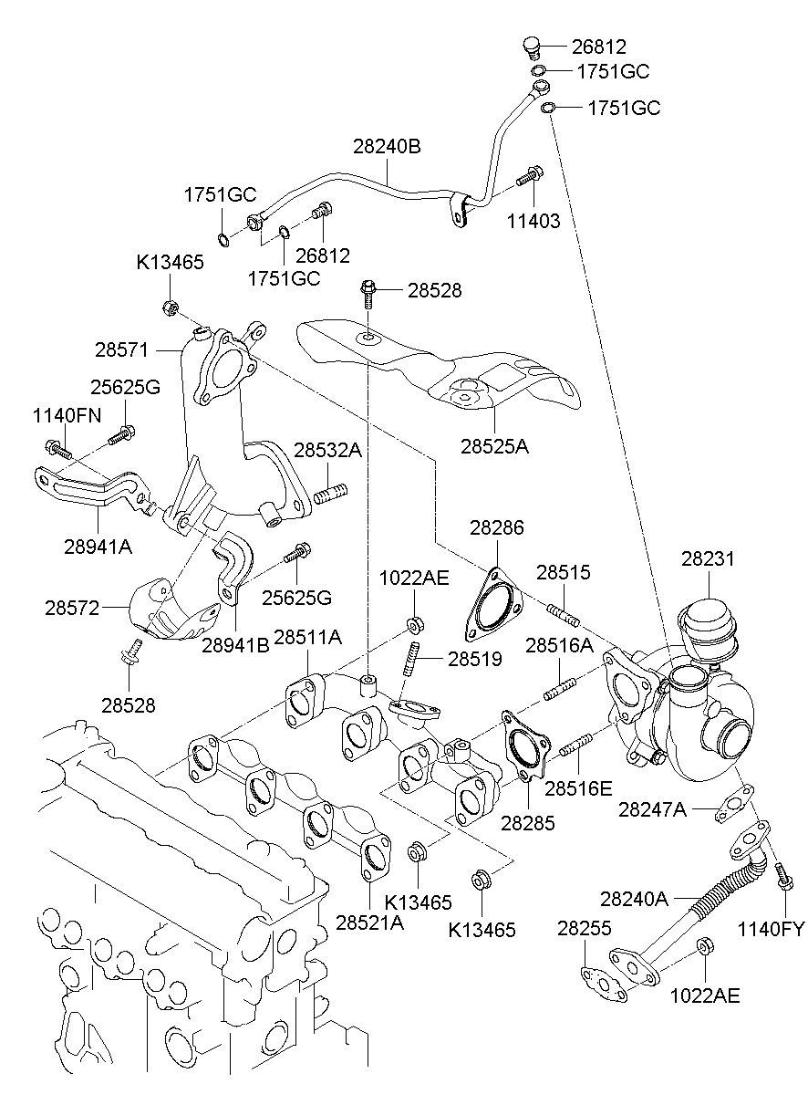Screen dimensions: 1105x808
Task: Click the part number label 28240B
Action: [x=388, y=146]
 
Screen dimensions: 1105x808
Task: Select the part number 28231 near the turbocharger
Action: [x=707, y=558]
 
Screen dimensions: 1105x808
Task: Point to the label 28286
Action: [x=497, y=527]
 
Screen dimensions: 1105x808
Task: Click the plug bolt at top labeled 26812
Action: [x=533, y=47]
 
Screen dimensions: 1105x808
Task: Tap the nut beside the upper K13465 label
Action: [x=169, y=307]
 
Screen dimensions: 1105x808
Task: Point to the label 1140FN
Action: [x=67, y=416]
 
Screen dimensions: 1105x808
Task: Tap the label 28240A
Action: [x=634, y=899]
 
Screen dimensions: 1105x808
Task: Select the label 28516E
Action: [x=578, y=787]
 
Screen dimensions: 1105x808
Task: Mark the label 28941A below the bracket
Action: [x=98, y=547]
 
